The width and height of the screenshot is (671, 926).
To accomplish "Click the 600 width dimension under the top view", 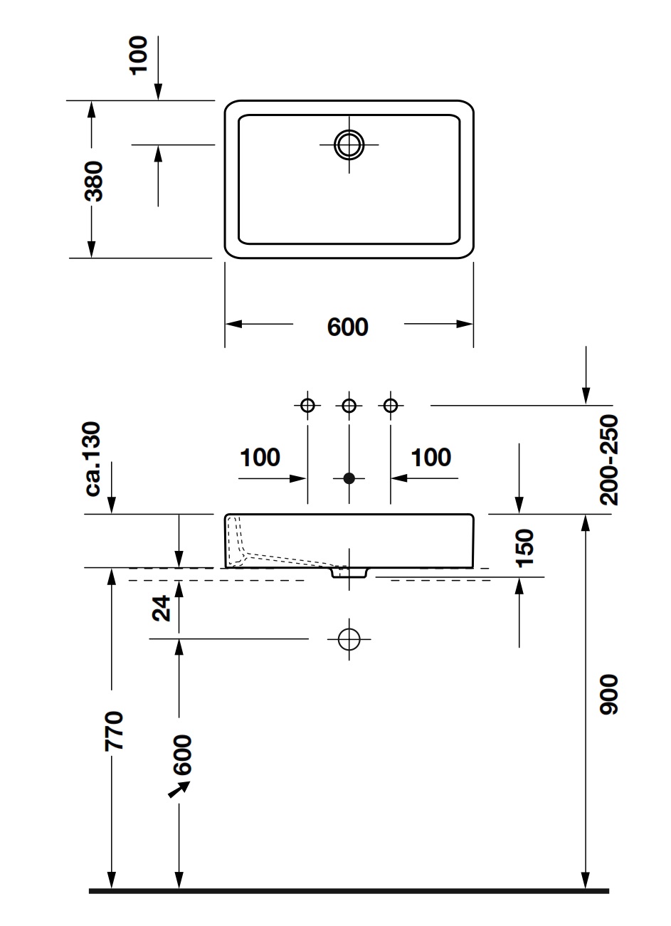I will [347, 326].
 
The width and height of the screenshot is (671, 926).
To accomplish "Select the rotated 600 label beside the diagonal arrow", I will [182, 754].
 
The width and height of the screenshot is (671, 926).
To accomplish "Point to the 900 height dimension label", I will [610, 694].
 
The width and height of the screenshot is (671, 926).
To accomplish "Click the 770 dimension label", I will [114, 730].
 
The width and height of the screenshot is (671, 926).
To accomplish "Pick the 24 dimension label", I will [163, 608].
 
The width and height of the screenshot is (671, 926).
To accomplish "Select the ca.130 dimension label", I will [94, 459].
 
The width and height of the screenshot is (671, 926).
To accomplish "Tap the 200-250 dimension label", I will [609, 460].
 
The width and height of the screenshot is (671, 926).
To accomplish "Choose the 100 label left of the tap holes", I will [260, 457].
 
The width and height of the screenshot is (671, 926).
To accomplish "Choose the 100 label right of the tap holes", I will [431, 457].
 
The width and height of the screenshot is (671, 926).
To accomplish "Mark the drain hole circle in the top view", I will [349, 144].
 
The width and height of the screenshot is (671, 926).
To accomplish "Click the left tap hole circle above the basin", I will [307, 405].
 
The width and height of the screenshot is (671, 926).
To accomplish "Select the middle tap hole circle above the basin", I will [349, 405].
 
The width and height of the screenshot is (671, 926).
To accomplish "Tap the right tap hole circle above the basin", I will [389, 405].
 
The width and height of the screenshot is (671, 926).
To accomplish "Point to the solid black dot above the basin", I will [349, 478].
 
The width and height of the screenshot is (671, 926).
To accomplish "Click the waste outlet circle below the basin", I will [349, 639].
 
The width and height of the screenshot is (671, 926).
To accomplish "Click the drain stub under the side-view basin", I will [349, 572].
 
